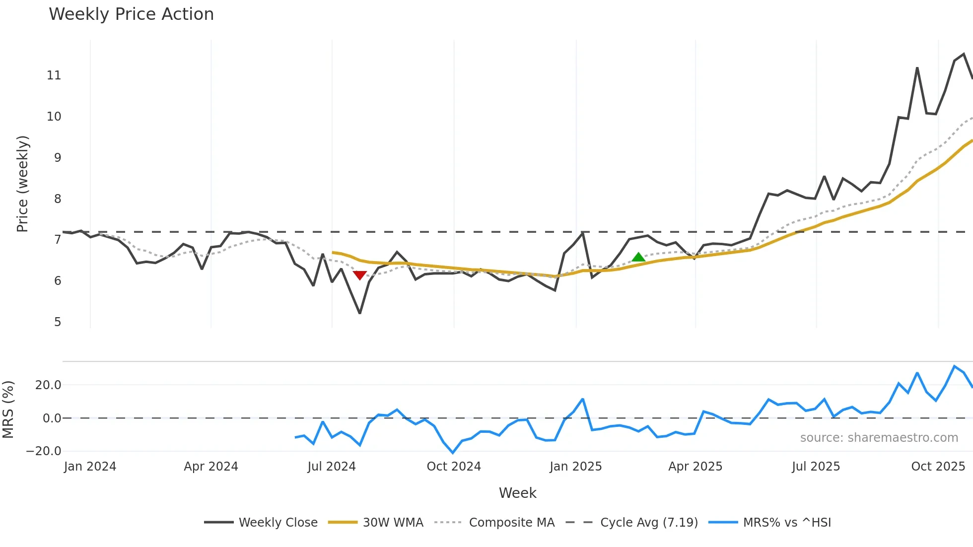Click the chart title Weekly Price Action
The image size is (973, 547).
[x=131, y=14]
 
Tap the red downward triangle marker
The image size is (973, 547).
[x=360, y=275]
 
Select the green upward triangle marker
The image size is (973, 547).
[x=638, y=257]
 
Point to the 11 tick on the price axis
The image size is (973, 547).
[x=54, y=75]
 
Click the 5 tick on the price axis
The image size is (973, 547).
[x=58, y=322]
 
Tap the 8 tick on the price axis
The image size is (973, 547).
[x=58, y=199]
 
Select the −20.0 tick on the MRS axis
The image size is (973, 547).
[x=44, y=451]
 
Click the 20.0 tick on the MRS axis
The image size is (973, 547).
[x=48, y=385]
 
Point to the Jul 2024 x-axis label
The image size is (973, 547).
[x=332, y=467]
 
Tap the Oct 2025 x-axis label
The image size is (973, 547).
[x=938, y=467]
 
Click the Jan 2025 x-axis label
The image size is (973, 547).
[x=576, y=467]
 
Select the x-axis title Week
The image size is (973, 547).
[x=517, y=493]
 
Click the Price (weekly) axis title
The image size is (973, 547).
[x=22, y=184]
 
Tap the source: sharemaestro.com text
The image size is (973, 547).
[x=879, y=438]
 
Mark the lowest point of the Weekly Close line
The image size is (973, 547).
[x=360, y=313]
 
